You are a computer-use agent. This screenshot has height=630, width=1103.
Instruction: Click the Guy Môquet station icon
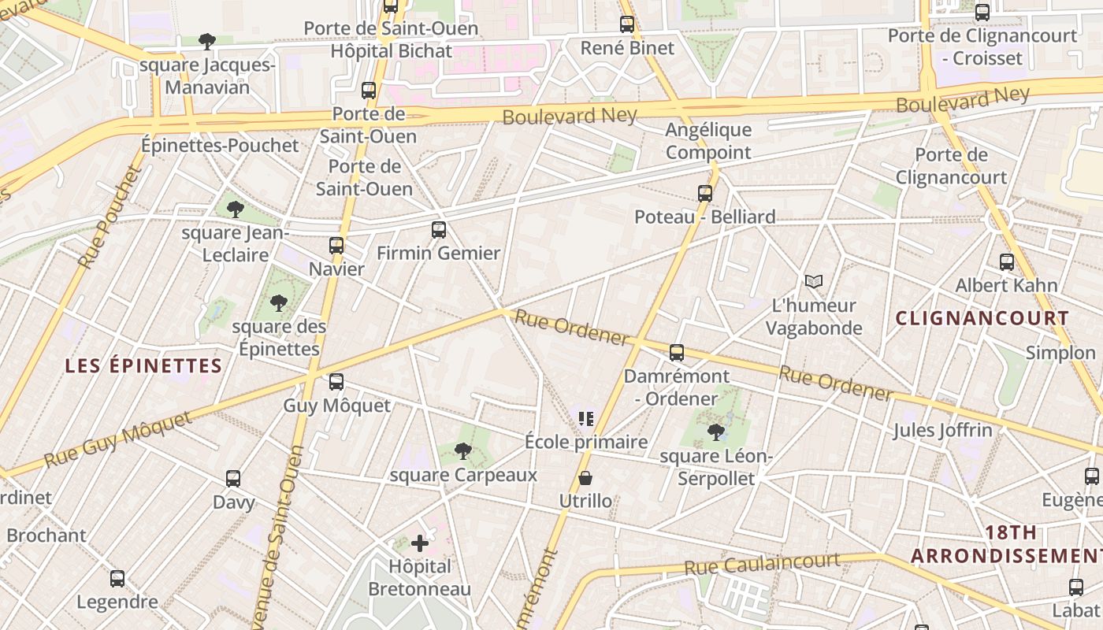coord(336,382)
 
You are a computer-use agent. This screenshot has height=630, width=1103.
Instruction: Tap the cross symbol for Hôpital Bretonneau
coord(420,543)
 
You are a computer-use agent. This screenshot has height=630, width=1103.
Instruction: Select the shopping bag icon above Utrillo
coord(585,477)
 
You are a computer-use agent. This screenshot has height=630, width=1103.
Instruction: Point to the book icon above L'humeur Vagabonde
coord(814,281)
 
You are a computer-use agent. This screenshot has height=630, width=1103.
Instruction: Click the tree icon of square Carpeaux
coord(463,450)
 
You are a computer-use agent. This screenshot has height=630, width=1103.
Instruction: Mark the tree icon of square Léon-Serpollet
coord(716,432)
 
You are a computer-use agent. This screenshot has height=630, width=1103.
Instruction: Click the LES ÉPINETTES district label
coord(143,365)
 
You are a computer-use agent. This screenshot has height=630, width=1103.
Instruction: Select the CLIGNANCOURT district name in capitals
coord(982,318)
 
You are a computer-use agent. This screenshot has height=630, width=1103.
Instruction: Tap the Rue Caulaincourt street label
coord(762,563)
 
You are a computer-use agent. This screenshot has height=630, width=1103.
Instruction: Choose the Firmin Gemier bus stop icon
coord(439,230)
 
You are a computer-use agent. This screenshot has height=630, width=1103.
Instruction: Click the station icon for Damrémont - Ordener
coord(677,352)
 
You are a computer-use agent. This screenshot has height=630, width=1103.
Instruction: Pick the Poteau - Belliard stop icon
coord(705,193)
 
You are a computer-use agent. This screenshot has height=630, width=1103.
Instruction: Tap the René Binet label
coord(627,48)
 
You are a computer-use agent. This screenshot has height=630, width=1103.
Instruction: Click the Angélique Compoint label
coord(708,141)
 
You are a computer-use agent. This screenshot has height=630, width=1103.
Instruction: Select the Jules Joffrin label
coord(942,430)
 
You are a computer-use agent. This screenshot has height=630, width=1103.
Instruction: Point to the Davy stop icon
coord(233,478)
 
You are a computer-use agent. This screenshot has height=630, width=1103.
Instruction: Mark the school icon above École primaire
coord(585,418)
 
